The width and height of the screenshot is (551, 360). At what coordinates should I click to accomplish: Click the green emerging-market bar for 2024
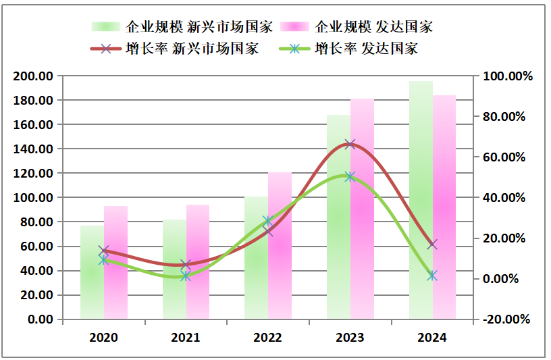[x=421, y=203]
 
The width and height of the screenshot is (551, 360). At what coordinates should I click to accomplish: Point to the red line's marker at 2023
[x=350, y=144]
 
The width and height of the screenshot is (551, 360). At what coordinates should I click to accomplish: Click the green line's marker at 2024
[x=432, y=276]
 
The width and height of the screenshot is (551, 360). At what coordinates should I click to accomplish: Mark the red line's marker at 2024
[x=432, y=245]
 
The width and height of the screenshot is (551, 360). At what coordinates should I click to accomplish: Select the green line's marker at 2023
[x=350, y=176]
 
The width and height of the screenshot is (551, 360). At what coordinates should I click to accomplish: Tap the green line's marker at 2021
[x=186, y=276]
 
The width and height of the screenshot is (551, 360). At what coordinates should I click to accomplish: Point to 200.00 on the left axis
[x=34, y=76]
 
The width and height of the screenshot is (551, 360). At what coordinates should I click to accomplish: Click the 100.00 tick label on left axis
[x=34, y=198]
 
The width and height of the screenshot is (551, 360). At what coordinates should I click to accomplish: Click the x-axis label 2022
[x=268, y=337]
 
